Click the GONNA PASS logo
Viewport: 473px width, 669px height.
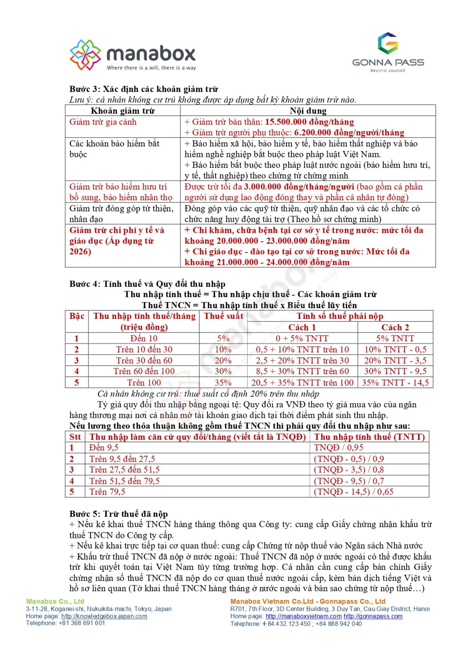point(388,52)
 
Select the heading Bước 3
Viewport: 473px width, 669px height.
point(144,89)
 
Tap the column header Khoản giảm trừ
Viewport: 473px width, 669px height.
point(123,111)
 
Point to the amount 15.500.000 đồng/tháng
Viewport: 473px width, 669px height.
point(309,122)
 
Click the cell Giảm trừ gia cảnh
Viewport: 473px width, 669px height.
point(103,122)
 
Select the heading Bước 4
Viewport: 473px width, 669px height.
point(147,284)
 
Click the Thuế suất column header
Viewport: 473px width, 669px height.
point(223,316)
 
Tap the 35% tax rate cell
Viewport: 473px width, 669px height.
point(223,383)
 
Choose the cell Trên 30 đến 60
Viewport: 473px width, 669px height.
point(144,360)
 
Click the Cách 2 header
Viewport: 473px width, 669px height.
point(395,327)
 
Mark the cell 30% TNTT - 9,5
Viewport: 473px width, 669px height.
point(395,371)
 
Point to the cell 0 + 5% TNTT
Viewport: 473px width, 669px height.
point(302,339)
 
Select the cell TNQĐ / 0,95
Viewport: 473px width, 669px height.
point(339,447)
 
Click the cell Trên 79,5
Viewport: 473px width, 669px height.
point(108,491)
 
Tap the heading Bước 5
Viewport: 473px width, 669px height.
point(119,514)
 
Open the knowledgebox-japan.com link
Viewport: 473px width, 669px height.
point(104,616)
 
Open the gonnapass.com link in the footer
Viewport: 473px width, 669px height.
point(373,616)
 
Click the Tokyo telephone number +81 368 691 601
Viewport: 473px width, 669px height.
point(82,623)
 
